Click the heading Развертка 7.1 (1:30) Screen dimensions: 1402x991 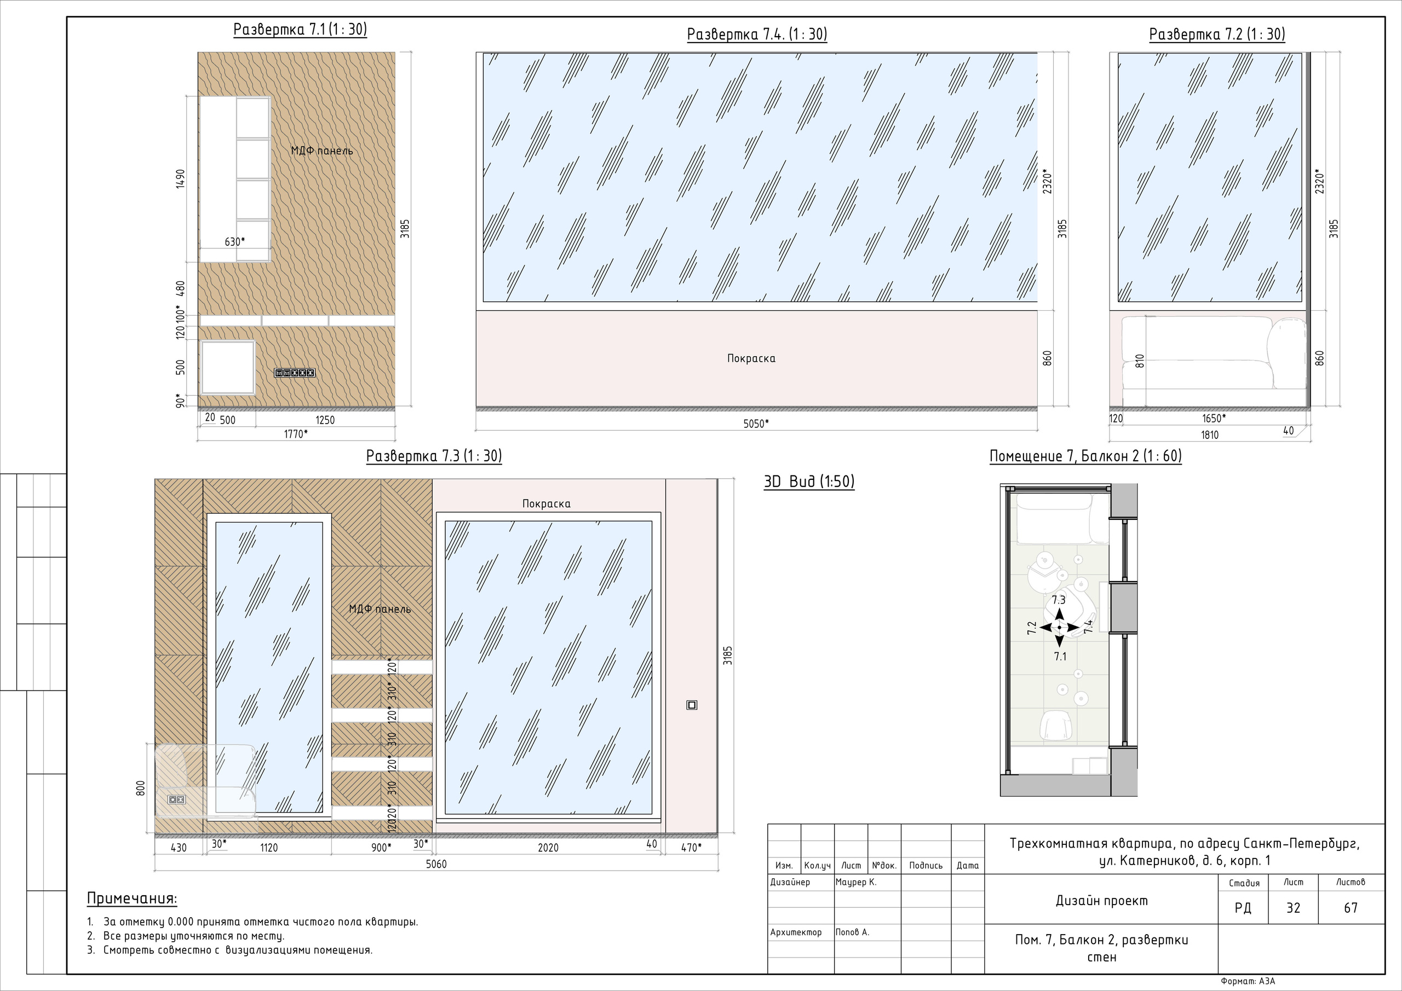pyautogui.click(x=300, y=30)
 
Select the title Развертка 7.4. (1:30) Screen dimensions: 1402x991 pyautogui.click(x=757, y=34)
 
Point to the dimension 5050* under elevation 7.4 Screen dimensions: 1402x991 pyautogui.click(x=756, y=424)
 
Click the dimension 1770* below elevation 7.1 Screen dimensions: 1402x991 pyautogui.click(x=296, y=434)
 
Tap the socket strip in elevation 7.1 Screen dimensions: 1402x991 pyautogui.click(x=294, y=372)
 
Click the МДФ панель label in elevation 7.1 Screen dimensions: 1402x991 pyautogui.click(x=322, y=150)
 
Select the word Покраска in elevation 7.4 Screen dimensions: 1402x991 pyautogui.click(x=751, y=358)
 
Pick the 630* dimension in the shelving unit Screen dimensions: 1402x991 pyautogui.click(x=234, y=242)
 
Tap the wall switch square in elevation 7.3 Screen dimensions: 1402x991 pyautogui.click(x=692, y=705)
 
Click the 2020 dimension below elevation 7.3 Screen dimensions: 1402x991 pyautogui.click(x=548, y=848)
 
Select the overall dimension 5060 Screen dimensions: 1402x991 pyautogui.click(x=436, y=864)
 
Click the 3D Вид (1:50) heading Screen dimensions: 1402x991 pyautogui.click(x=809, y=482)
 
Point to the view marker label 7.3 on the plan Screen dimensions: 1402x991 pyautogui.click(x=1058, y=600)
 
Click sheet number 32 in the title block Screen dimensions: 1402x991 pyautogui.click(x=1294, y=908)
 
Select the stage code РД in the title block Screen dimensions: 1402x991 pyautogui.click(x=1243, y=908)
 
